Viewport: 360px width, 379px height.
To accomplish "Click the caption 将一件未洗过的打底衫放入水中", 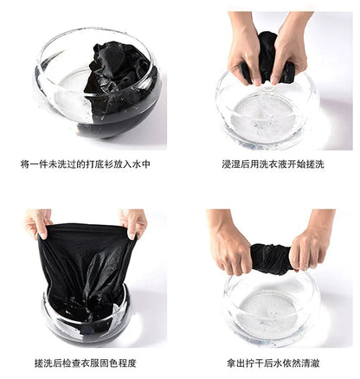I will [85, 164].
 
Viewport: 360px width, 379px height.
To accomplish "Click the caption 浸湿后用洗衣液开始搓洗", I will [271, 164].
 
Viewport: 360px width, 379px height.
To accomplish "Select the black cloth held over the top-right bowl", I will [269, 56].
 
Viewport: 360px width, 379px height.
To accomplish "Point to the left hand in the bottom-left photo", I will [37, 222].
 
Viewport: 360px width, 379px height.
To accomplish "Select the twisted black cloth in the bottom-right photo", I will [269, 257].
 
